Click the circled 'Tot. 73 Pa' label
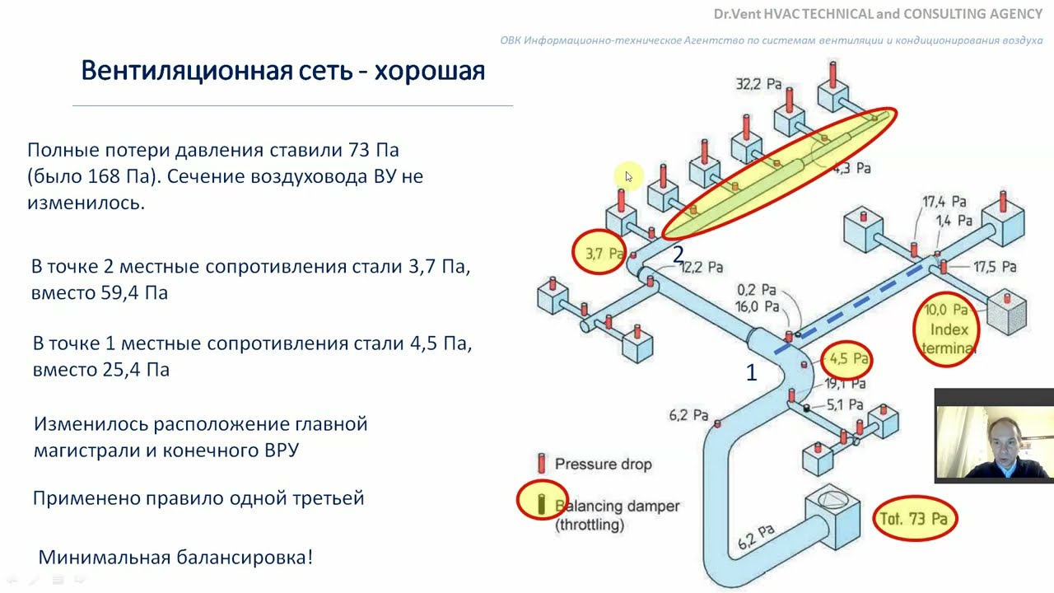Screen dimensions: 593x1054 pos(915,519)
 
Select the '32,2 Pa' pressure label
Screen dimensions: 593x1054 pos(758,84)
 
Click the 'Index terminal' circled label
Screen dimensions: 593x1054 pos(947,329)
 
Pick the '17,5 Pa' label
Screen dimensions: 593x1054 pos(994,267)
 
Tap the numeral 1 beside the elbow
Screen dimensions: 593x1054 pos(751,373)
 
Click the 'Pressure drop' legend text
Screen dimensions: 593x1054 pos(603,464)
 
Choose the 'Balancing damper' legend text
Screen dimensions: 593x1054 pos(617,506)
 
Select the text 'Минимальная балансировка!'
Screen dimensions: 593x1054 pos(175,557)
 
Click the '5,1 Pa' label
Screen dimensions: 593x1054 pos(844,404)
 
